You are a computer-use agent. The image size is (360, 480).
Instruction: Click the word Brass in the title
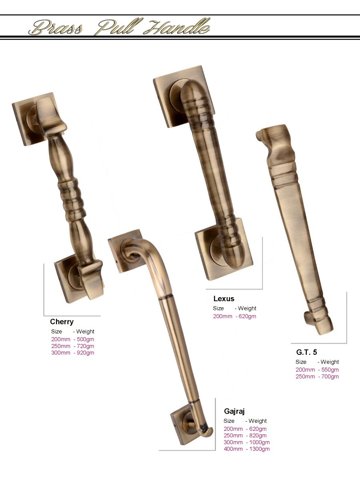(x=55, y=27)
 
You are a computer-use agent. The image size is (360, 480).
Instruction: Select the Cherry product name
(x=62, y=322)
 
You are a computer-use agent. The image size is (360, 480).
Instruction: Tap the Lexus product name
(x=224, y=299)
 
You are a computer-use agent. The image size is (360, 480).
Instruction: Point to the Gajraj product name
(x=234, y=411)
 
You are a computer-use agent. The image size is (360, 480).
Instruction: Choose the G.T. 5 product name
(x=306, y=352)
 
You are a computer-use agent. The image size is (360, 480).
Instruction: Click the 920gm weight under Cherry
(x=86, y=353)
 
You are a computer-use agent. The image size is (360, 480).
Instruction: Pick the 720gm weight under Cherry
(x=86, y=346)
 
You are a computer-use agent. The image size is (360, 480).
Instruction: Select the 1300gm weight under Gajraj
(x=260, y=449)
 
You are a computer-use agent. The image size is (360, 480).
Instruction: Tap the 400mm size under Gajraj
(x=233, y=449)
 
